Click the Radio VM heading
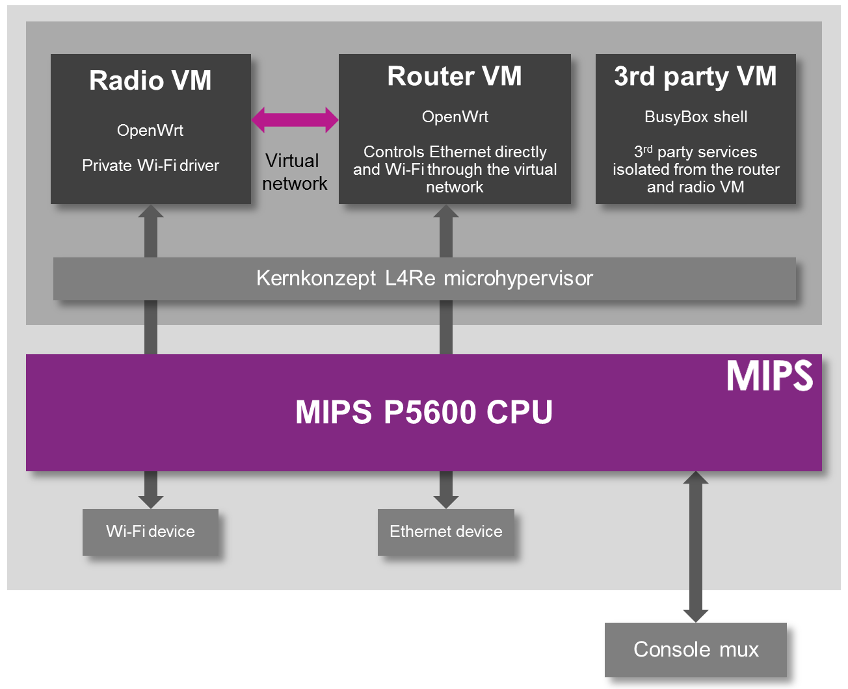pos(150,81)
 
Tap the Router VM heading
pos(455,76)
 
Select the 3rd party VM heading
pos(695,76)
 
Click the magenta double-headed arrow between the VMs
pos(295,120)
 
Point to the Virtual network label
pos(294,172)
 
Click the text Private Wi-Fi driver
pos(150,166)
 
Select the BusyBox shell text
pos(695,117)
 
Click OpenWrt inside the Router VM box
pos(455,117)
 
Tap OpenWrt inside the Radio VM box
pos(150,131)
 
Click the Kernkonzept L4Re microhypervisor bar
pos(424,279)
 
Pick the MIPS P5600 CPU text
pos(424,412)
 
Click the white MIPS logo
pos(769,376)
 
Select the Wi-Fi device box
pos(150,532)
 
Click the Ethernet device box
pos(445,532)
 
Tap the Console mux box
pos(695,649)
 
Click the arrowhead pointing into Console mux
pos(695,615)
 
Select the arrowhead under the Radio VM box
pos(150,213)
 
